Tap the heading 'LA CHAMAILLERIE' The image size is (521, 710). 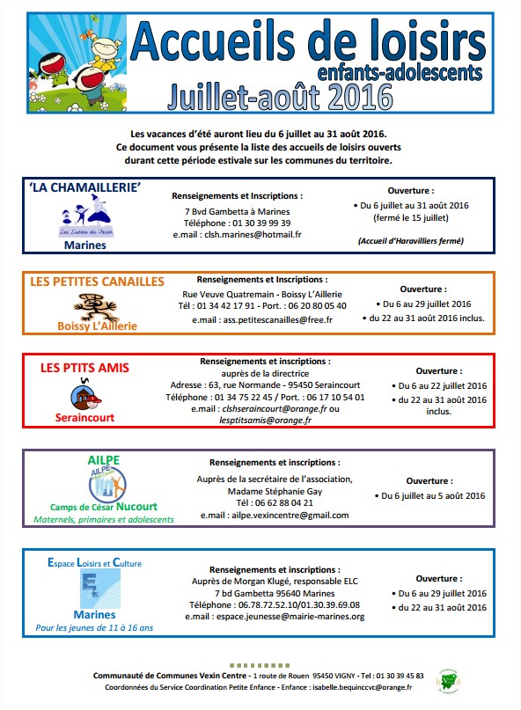pyautogui.click(x=85, y=187)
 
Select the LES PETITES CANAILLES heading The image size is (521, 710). pyautogui.click(x=97, y=282)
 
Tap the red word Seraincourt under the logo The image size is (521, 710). pyautogui.click(x=84, y=418)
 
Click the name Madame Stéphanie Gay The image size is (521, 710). pyautogui.click(x=274, y=491)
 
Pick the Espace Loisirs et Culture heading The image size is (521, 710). pyautogui.click(x=94, y=562)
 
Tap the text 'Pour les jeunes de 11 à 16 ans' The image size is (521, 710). pyautogui.click(x=94, y=627)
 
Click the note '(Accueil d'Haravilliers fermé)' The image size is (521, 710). pyautogui.click(x=410, y=240)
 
